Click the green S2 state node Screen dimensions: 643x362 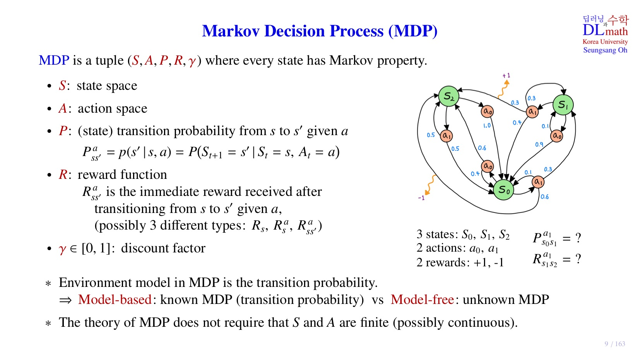point(448,96)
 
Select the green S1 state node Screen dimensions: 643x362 point(563,105)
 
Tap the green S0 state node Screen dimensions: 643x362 point(504,190)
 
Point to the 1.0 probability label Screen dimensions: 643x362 point(487,125)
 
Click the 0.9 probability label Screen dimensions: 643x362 point(539,144)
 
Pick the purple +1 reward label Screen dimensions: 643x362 point(506,75)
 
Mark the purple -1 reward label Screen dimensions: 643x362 point(421,198)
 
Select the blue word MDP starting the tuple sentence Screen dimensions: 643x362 point(54,60)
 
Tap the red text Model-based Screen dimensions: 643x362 point(115,300)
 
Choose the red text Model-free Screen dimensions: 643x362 point(422,300)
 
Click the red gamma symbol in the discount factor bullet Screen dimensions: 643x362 point(63,249)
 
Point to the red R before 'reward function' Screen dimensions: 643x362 point(63,175)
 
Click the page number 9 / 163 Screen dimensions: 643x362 point(615,344)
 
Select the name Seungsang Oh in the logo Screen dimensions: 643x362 point(605,50)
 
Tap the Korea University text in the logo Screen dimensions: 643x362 point(605,42)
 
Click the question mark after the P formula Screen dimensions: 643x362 point(578,238)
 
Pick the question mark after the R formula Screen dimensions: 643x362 point(578,259)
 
